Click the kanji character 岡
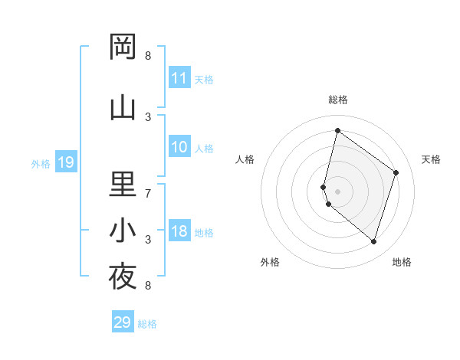point(123,47)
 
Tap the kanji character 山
point(123,108)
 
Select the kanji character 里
point(123,185)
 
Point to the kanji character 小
point(123,231)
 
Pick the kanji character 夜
point(123,277)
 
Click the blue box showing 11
point(179,78)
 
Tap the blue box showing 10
point(179,147)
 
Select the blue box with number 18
point(179,231)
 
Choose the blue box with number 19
point(65,162)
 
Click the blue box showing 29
point(123,322)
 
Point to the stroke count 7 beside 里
point(148,194)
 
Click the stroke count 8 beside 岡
point(148,56)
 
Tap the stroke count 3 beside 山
point(148,117)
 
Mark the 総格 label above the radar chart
point(337,100)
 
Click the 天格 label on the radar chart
point(431,159)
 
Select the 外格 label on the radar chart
point(270,262)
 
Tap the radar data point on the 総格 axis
point(337,131)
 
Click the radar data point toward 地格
point(373,241)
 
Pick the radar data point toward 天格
point(396,172)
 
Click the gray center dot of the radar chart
point(337,191)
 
